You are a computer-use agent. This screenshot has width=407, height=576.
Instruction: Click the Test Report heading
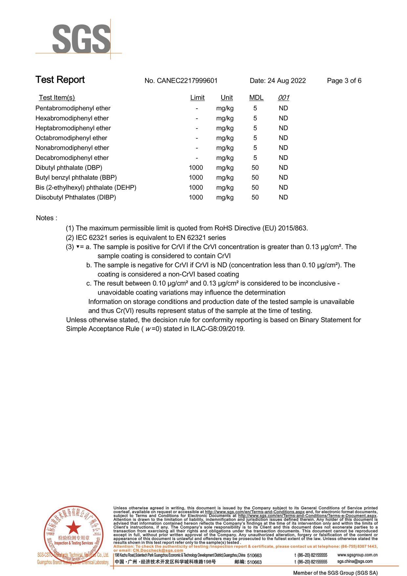(60, 80)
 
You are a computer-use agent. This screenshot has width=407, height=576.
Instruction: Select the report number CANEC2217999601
(187, 81)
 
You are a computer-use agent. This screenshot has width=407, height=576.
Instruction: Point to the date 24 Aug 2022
(287, 81)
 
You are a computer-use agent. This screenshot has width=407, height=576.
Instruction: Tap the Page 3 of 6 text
(344, 81)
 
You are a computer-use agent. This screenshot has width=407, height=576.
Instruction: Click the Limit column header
(197, 98)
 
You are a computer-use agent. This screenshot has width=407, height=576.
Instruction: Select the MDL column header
(256, 98)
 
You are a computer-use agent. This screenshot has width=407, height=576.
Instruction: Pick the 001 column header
(284, 98)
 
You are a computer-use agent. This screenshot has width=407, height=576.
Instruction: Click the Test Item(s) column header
(57, 98)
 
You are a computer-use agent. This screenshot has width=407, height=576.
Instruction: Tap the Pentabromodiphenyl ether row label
(73, 108)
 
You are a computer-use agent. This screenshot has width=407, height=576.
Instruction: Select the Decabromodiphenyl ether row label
(72, 158)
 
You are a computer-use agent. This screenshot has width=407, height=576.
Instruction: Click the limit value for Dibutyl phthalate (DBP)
(196, 168)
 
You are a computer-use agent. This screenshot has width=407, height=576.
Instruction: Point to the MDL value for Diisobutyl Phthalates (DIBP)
(255, 197)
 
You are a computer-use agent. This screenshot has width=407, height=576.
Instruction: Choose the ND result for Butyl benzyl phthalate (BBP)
(283, 178)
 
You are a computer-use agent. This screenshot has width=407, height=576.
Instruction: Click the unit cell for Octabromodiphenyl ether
(225, 138)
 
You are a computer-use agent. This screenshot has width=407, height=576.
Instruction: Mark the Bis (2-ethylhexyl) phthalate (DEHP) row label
(86, 188)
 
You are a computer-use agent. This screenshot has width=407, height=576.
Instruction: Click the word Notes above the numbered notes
(45, 218)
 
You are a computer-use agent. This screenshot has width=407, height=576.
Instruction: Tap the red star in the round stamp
(73, 527)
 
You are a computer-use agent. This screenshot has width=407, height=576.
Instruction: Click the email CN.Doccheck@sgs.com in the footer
(158, 550)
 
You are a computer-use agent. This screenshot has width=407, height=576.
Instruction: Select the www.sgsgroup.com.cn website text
(357, 555)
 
